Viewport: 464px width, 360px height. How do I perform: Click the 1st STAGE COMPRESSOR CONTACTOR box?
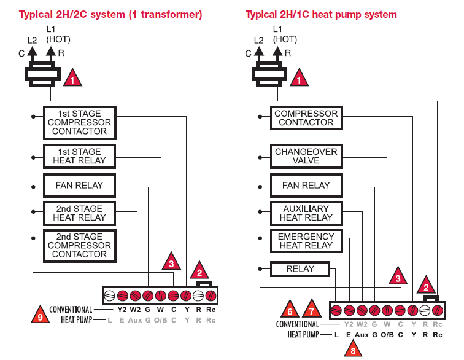click(79, 122)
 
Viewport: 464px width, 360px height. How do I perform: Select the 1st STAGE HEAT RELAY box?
click(79, 156)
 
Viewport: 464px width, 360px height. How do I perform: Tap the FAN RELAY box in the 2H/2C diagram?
click(79, 185)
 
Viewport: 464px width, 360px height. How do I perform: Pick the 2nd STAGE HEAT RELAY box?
click(79, 213)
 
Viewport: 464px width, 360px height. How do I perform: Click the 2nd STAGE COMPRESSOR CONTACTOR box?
click(79, 245)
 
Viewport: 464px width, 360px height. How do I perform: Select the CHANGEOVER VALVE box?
click(306, 156)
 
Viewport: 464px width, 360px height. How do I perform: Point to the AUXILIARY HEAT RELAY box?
click(306, 213)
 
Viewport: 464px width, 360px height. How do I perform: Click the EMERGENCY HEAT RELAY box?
click(306, 241)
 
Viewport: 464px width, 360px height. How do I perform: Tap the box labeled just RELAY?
click(300, 269)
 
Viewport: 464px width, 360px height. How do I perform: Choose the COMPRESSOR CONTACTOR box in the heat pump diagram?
click(306, 118)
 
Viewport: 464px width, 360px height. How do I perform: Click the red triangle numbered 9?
click(41, 315)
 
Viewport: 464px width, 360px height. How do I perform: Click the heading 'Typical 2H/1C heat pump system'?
click(321, 14)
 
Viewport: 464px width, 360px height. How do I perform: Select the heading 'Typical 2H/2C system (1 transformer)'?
click(110, 14)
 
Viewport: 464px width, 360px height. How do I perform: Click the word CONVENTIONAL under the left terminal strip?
click(71, 310)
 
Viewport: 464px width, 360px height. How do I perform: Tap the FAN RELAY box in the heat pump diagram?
click(306, 185)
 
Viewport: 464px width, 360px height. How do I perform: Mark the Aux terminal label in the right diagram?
click(362, 335)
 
